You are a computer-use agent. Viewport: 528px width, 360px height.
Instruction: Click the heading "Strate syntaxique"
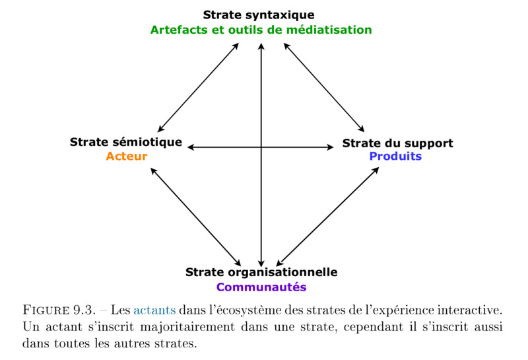259,15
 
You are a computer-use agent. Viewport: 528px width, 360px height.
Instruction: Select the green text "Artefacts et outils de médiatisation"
261,30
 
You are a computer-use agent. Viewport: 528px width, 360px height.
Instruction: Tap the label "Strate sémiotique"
126,142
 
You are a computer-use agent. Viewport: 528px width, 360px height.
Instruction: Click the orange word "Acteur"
127,157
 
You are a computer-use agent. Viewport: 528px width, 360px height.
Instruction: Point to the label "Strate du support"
398,143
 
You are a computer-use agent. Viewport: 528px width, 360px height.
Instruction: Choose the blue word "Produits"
395,157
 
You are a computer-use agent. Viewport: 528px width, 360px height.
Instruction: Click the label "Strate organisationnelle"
261,272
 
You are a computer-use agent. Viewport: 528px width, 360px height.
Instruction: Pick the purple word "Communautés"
261,287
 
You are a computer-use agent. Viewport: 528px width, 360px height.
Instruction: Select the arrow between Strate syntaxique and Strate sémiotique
198,88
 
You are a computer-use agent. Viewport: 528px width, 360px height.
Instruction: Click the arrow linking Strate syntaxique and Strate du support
324,88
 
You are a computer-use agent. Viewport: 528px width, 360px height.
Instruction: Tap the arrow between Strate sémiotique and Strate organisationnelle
195,217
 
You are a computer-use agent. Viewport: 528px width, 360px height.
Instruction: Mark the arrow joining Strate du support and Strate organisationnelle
327,217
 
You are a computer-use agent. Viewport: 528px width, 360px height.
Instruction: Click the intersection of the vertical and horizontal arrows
261,147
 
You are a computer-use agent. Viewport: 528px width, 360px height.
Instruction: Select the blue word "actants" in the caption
154,310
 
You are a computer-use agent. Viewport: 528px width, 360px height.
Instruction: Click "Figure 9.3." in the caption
59,310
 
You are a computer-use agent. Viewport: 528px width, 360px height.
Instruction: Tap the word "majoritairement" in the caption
187,327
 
